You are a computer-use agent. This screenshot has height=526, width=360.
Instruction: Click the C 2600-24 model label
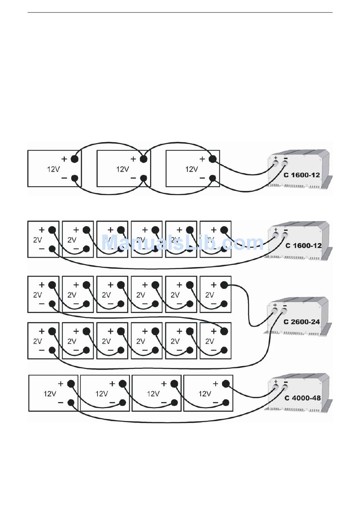(x=302, y=322)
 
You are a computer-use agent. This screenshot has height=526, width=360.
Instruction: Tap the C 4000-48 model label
(x=302, y=398)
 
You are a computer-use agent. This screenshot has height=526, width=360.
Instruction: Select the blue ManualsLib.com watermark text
(x=182, y=243)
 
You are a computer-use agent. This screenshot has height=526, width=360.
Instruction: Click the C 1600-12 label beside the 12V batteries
(x=302, y=175)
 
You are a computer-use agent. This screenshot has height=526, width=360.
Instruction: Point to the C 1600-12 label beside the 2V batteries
(x=303, y=246)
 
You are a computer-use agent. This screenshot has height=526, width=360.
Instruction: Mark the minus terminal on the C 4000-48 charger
(x=285, y=388)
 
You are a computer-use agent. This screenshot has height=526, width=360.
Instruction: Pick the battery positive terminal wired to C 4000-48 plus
(x=226, y=384)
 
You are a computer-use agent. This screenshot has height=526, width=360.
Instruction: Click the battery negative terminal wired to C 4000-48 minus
(x=71, y=403)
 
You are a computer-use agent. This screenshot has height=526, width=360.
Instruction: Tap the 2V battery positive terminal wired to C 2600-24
(x=224, y=285)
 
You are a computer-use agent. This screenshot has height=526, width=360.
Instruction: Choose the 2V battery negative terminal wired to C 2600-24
(x=52, y=350)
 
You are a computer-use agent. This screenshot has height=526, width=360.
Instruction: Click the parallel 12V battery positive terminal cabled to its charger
(x=213, y=159)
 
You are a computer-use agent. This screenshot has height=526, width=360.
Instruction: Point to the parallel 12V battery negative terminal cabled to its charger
(x=213, y=178)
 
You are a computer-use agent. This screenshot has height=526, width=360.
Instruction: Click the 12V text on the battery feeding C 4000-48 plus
(x=205, y=394)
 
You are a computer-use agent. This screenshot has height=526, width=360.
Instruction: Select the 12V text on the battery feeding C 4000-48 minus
(x=50, y=394)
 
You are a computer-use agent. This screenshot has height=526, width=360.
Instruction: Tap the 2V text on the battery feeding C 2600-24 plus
(x=210, y=295)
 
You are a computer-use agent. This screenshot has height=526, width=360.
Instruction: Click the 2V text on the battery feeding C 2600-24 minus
(x=38, y=341)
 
